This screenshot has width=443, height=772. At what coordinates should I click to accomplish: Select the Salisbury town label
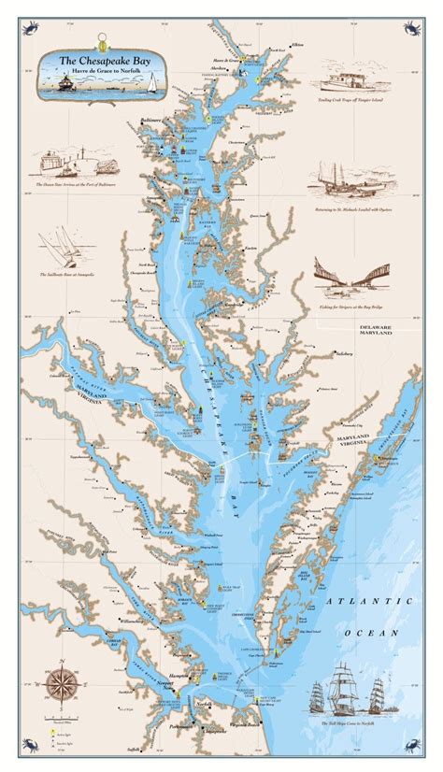(347, 354)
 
